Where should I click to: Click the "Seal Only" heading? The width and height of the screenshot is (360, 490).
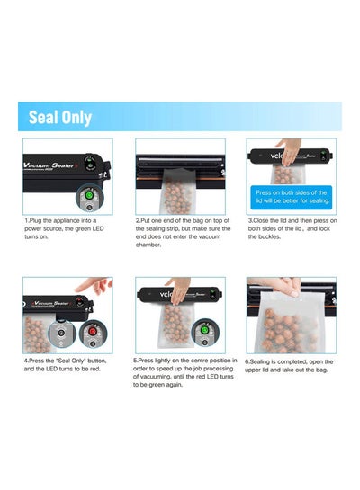pos(60,117)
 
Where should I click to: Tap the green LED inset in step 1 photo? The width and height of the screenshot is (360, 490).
pos(89,200)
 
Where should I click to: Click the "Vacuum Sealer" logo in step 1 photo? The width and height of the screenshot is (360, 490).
pos(49,165)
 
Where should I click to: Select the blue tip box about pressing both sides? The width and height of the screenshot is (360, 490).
pos(292,198)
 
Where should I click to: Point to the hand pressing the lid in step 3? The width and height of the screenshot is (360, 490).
pos(289,151)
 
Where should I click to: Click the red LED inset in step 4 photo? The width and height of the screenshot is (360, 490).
pos(93,334)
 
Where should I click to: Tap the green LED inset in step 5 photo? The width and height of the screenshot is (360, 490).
pos(204,333)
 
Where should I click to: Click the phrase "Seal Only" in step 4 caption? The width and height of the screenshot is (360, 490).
pos(71,361)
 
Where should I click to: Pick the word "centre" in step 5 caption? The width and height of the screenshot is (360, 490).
pos(200,361)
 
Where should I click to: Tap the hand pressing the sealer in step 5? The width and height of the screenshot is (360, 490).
pos(178,290)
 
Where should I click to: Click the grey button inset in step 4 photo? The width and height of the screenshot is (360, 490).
pos(61,334)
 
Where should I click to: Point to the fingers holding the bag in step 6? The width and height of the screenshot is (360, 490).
pos(289,287)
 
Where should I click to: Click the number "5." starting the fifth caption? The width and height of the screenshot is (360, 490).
pos(135,361)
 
